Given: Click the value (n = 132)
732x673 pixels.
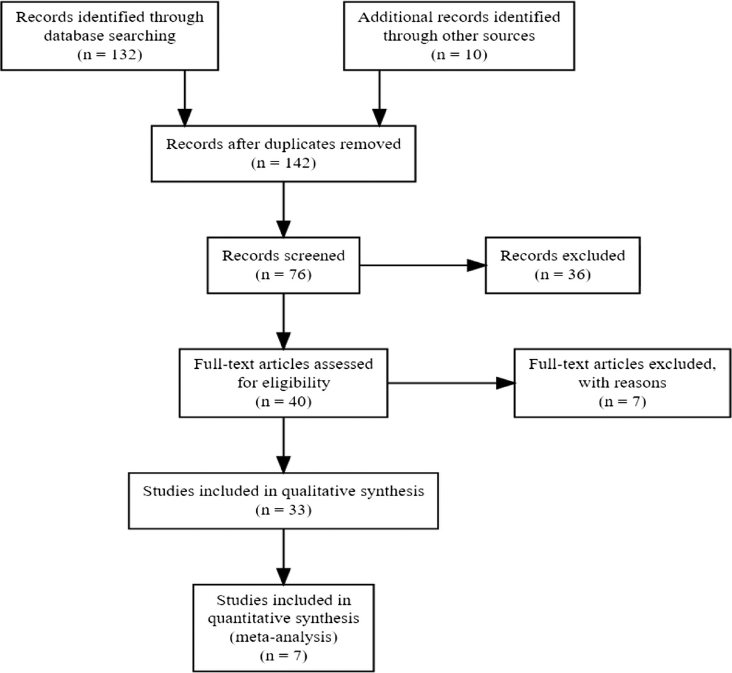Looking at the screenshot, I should click(109, 54).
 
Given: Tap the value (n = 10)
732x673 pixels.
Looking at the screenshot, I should click(459, 55).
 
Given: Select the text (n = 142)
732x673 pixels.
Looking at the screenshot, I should click(283, 163).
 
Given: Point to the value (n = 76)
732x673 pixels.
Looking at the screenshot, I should click(283, 274).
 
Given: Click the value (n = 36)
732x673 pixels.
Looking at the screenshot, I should click(562, 274).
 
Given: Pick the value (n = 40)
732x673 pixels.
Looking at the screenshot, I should click(283, 402).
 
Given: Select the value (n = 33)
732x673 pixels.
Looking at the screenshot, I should click(283, 510).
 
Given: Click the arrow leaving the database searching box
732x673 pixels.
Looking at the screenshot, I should click(184, 98).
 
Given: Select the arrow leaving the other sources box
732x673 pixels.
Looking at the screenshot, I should click(379, 98).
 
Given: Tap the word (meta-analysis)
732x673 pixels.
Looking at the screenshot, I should click(283, 637).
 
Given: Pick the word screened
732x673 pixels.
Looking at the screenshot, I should click(315, 255).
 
